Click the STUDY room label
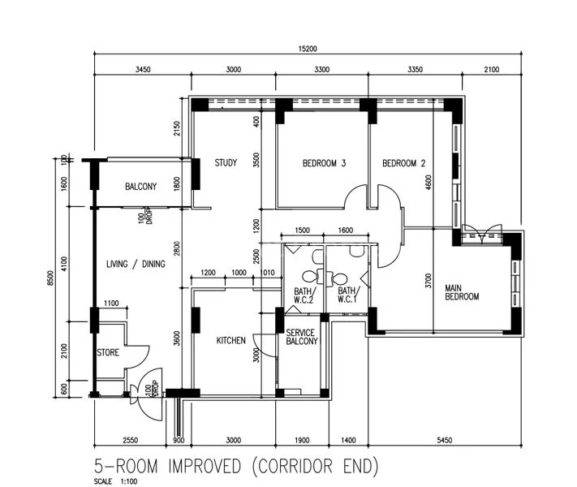226,163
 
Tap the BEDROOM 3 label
324,163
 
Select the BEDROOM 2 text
404,163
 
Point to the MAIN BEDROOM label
461,292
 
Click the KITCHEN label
230,341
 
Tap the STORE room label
108,353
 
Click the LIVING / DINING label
136,264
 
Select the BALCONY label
140,187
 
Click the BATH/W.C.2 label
304,295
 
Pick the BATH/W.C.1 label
347,295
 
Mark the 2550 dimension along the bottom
130,439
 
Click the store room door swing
138,355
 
